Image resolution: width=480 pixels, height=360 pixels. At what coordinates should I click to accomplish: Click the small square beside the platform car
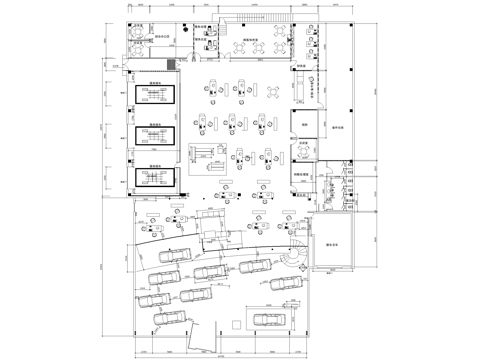[x=236, y=322]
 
